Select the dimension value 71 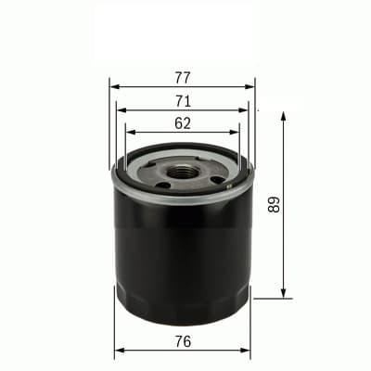[x=182, y=100]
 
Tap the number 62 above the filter [x=182, y=122]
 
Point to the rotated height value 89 [x=273, y=204]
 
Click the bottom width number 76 [x=182, y=342]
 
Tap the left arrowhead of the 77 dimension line [x=114, y=87]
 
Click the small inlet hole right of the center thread [x=216, y=179]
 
